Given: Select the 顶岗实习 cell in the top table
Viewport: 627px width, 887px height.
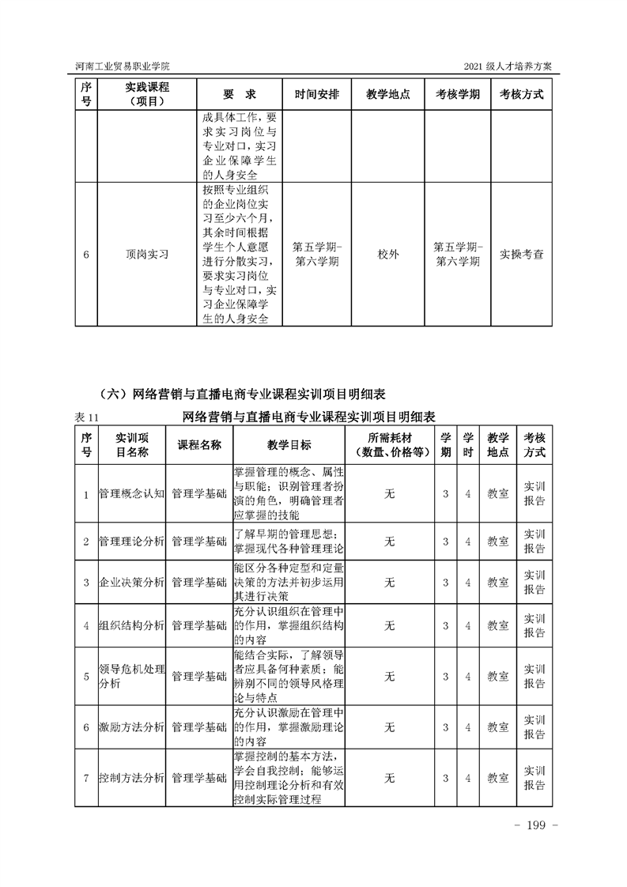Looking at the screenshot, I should [x=147, y=255].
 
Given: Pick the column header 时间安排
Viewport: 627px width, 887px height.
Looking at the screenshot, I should [x=317, y=93].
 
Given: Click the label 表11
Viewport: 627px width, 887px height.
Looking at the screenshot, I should [x=85, y=417].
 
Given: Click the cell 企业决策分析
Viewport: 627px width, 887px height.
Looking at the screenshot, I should [x=131, y=583].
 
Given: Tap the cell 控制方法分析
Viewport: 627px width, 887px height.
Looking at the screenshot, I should [x=131, y=778].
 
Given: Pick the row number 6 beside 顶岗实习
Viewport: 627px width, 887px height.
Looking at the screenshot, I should [x=86, y=255].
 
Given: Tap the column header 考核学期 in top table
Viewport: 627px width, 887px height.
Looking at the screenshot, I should [x=457, y=93].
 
